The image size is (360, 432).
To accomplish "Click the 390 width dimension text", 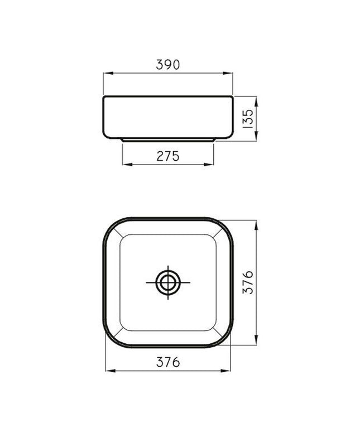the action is pyautogui.click(x=168, y=65).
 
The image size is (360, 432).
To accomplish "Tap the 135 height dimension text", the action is pyautogui.click(x=248, y=119).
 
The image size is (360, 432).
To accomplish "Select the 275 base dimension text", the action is pyautogui.click(x=168, y=156).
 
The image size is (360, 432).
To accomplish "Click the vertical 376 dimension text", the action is pyautogui.click(x=248, y=282).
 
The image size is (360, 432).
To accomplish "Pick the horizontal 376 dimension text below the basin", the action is pyautogui.click(x=168, y=362).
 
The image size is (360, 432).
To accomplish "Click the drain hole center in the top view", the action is pyautogui.click(x=168, y=282).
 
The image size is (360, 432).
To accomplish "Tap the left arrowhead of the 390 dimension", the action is pyautogui.click(x=108, y=73).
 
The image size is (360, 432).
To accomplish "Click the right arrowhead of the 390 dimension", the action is pyautogui.click(x=228, y=73).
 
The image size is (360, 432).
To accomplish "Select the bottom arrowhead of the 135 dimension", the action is pyautogui.click(x=256, y=136).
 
